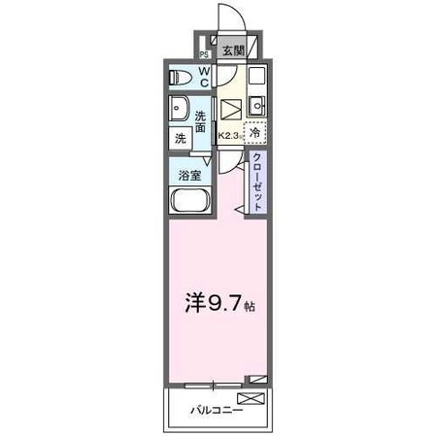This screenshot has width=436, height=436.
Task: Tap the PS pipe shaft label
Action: tap(204, 54)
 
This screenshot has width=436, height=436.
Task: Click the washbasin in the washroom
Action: tap(179, 109)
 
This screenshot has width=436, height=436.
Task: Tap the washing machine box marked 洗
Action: tap(180, 139)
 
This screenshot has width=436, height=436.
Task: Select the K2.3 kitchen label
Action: tap(229, 137)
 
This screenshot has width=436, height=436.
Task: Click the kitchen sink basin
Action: tap(256, 105)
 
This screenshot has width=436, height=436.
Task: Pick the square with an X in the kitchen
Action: tap(232, 110)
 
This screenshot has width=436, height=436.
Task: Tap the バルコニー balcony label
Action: tap(216, 409)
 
